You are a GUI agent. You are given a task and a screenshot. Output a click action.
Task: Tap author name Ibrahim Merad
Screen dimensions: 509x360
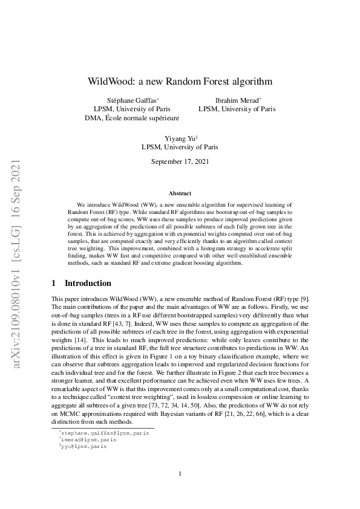235,100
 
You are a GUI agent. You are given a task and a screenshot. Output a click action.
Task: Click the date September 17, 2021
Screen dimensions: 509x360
180,161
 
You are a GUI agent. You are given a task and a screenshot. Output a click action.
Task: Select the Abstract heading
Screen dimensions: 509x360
180,193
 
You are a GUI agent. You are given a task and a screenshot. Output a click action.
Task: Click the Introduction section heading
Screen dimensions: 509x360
88,283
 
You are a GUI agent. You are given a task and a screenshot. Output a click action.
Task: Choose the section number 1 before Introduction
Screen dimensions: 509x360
54,283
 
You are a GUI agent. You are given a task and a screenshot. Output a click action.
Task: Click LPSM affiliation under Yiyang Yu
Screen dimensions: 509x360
180,147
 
